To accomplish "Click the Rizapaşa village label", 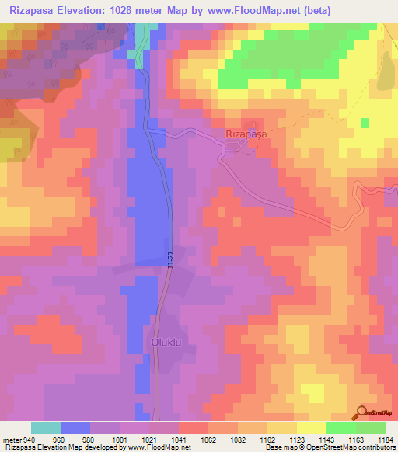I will [245, 134].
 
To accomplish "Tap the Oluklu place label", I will [165, 341].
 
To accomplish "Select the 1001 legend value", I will [119, 439].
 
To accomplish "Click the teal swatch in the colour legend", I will [46, 428].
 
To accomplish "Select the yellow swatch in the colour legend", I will [311, 428].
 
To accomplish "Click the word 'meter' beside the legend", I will [10, 439].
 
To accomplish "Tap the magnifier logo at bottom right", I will [361, 413].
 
